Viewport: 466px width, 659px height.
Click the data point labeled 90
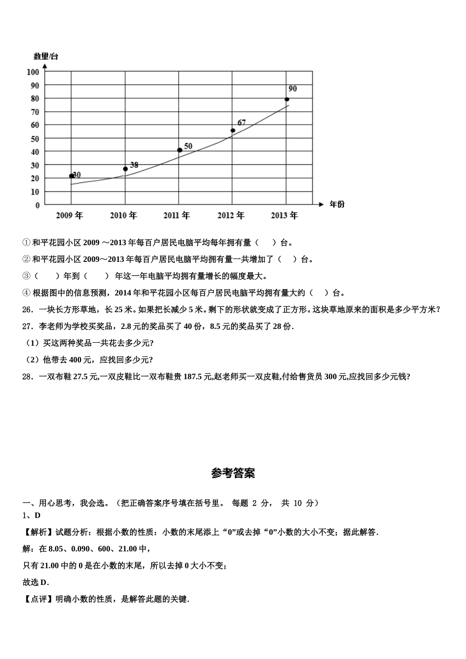coord(287,99)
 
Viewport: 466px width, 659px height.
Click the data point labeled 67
coord(233,130)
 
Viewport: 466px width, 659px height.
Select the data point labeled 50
coord(180,150)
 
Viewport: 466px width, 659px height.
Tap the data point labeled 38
coord(125,169)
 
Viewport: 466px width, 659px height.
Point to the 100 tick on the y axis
coord(33,72)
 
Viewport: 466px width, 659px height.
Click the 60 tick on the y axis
coord(35,125)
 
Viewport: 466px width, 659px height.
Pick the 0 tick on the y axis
coord(37,205)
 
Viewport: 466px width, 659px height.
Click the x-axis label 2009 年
coord(70,215)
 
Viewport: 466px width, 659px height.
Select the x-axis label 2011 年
coord(177,215)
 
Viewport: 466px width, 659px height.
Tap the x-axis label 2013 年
coord(285,215)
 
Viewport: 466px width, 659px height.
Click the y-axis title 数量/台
coord(46,56)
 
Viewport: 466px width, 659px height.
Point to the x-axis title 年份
coord(337,204)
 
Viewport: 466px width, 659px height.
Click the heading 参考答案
coord(233,473)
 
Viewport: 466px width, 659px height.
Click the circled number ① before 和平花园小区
coord(26,242)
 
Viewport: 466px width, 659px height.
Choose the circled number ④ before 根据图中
coord(26,293)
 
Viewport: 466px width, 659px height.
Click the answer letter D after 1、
coord(38,515)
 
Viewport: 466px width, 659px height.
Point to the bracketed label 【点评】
coord(39,599)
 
